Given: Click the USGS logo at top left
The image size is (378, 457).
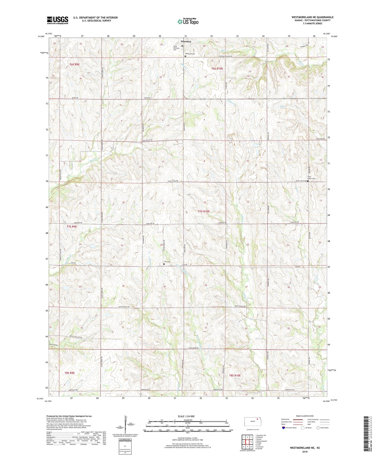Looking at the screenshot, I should pyautogui.click(x=58, y=20).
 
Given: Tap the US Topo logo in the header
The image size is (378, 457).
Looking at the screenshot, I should pyautogui.click(x=188, y=21).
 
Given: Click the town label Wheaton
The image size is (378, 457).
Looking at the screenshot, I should pyautogui.click(x=186, y=41).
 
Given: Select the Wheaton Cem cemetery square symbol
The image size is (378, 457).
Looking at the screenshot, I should pyautogui.click(x=185, y=56).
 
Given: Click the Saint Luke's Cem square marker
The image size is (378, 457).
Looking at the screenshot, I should pyautogui.click(x=308, y=181).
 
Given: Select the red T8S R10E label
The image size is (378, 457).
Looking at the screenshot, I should pyautogui.click(x=235, y=375).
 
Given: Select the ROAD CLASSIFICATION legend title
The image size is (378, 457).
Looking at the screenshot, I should pyautogui.click(x=305, y=416).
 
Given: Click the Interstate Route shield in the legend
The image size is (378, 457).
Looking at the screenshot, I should pyautogui.click(x=284, y=428).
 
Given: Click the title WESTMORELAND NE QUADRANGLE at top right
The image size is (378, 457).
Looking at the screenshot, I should pyautogui.click(x=312, y=17).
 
